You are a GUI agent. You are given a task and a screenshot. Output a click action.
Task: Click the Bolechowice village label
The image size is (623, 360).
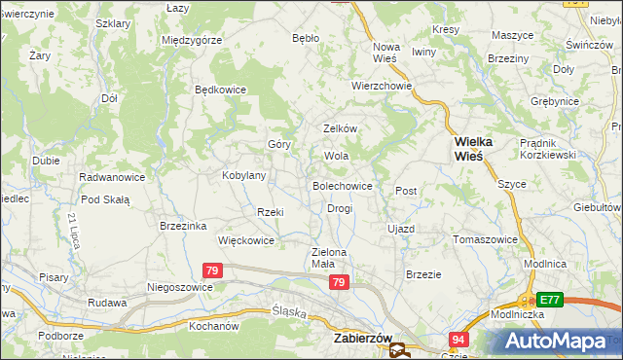click(342, 185)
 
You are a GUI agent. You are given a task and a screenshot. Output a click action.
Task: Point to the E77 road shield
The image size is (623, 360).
click(551, 300)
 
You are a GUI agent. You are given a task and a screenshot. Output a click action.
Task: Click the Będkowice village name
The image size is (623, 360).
click(221, 90)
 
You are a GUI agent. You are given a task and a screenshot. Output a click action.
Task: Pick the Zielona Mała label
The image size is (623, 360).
click(329, 257)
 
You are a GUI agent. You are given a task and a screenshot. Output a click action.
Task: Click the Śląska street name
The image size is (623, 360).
click(288, 313)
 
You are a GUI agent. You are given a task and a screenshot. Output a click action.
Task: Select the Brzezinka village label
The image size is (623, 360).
click(183, 226)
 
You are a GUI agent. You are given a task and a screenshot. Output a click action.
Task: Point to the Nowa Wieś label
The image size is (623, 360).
click(387, 53)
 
